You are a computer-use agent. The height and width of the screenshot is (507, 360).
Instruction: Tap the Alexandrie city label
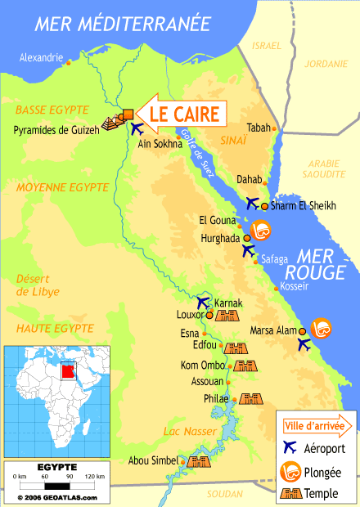coord(41,57)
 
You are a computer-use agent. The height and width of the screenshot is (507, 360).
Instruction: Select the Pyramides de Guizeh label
coord(56,130)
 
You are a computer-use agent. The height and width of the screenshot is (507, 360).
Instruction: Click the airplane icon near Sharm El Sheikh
coord(252,204)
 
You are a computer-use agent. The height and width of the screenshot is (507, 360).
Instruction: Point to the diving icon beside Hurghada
coord(260,231)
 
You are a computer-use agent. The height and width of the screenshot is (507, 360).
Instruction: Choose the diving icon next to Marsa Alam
coord(321,328)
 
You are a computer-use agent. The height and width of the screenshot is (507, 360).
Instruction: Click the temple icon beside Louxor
coord(228,315)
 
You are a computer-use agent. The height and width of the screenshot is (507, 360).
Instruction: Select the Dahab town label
coord(250,179)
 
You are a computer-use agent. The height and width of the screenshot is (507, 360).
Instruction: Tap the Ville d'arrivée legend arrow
coord(318,426)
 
